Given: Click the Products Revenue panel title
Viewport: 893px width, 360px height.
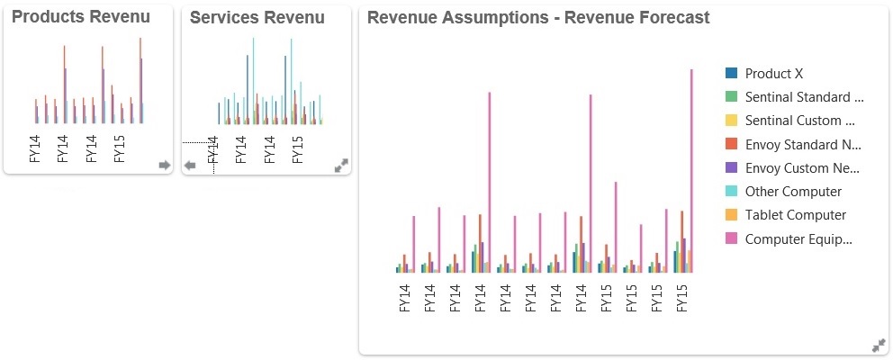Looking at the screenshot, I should (x=81, y=17).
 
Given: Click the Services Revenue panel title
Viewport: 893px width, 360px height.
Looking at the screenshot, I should (x=257, y=17).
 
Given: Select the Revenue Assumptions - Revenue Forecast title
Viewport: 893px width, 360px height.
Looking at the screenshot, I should (x=538, y=17).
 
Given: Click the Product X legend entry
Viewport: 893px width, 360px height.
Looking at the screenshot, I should (x=774, y=74).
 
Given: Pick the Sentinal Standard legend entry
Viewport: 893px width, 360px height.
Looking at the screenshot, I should (x=804, y=97).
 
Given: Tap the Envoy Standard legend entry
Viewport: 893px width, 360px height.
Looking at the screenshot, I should (x=804, y=144).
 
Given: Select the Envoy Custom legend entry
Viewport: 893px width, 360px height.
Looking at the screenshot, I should (x=804, y=168).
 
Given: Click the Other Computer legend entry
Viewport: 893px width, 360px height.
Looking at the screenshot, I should (x=793, y=192).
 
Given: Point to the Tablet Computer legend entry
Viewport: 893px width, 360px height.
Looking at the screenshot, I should (x=796, y=215).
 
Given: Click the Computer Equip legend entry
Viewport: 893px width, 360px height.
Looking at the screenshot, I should (x=798, y=238).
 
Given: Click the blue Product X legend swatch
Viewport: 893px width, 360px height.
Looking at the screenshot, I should (x=732, y=74).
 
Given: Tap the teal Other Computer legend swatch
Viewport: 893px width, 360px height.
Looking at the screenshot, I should (x=732, y=192).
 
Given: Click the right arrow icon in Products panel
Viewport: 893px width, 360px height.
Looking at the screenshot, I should (x=164, y=165).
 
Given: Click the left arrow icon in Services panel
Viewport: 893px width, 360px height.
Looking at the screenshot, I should (x=190, y=166).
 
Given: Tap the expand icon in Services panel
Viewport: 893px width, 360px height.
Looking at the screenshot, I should (x=341, y=166).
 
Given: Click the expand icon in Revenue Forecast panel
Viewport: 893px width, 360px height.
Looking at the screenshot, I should (x=879, y=346).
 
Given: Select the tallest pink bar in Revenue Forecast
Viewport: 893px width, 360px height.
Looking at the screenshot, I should (x=691, y=171).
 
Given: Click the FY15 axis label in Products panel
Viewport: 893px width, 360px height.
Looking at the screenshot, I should (x=120, y=148).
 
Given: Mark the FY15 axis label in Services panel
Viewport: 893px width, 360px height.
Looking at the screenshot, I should (x=298, y=148).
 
